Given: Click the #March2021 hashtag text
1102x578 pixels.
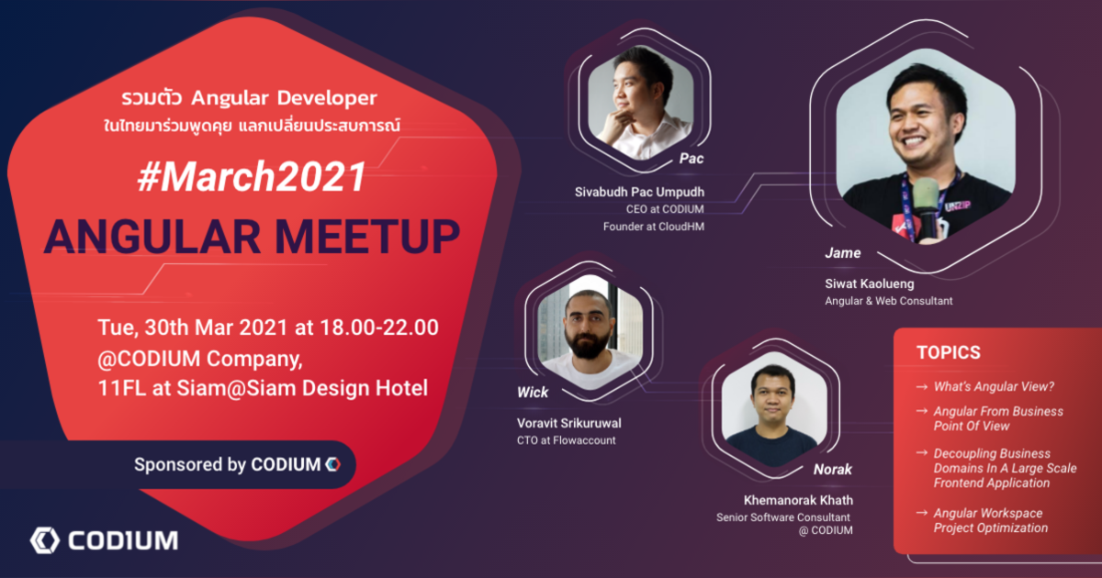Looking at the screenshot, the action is pyautogui.click(x=252, y=177).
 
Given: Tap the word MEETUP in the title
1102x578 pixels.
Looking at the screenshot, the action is pyautogui.click(x=367, y=237).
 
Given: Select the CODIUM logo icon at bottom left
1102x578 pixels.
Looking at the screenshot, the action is pyautogui.click(x=45, y=540).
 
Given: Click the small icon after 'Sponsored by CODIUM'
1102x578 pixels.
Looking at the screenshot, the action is pyautogui.click(x=333, y=464).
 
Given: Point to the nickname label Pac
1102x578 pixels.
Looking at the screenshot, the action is pyautogui.click(x=692, y=158).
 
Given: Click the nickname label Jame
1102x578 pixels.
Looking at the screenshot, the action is pyautogui.click(x=843, y=253).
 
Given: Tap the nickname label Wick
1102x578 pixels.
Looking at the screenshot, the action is pyautogui.click(x=533, y=393).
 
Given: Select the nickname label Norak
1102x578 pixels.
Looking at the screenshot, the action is pyautogui.click(x=832, y=470).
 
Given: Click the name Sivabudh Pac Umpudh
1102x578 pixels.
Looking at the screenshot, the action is pyautogui.click(x=639, y=192).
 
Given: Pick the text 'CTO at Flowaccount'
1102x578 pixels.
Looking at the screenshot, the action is pyautogui.click(x=567, y=440).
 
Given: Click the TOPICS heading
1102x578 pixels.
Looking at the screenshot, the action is pyautogui.click(x=949, y=352).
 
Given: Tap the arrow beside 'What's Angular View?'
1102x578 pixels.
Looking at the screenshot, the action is pyautogui.click(x=922, y=387).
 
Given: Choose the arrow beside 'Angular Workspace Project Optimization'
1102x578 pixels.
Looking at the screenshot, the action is pyautogui.click(x=922, y=513).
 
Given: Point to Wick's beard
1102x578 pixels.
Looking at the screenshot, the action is pyautogui.click(x=589, y=344).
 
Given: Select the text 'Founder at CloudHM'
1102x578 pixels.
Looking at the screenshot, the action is pyautogui.click(x=654, y=227).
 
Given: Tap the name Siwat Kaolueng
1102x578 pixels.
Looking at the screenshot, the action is pyautogui.click(x=870, y=284).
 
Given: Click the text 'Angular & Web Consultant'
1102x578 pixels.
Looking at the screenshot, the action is pyautogui.click(x=889, y=301).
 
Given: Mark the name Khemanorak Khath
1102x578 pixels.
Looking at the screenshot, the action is pyautogui.click(x=798, y=500).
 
